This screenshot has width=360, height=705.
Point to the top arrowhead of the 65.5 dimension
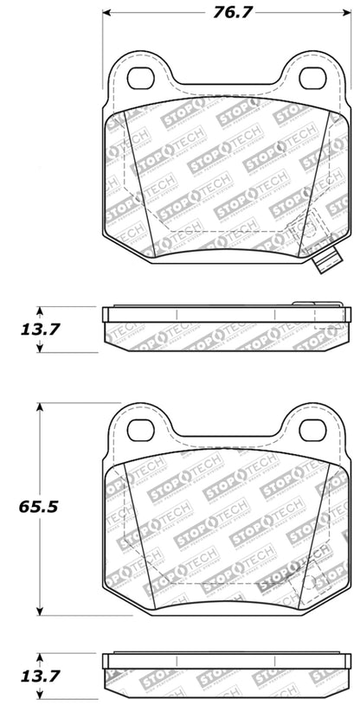click(38, 407)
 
